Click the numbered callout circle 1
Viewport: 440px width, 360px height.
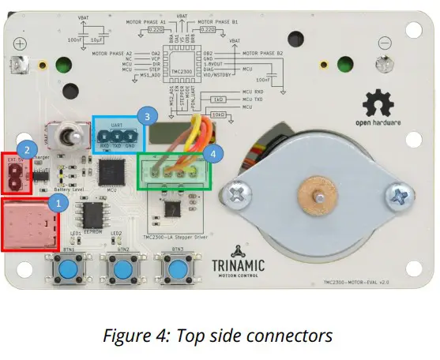click(x=55, y=202)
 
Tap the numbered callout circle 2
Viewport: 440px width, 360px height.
click(x=27, y=148)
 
